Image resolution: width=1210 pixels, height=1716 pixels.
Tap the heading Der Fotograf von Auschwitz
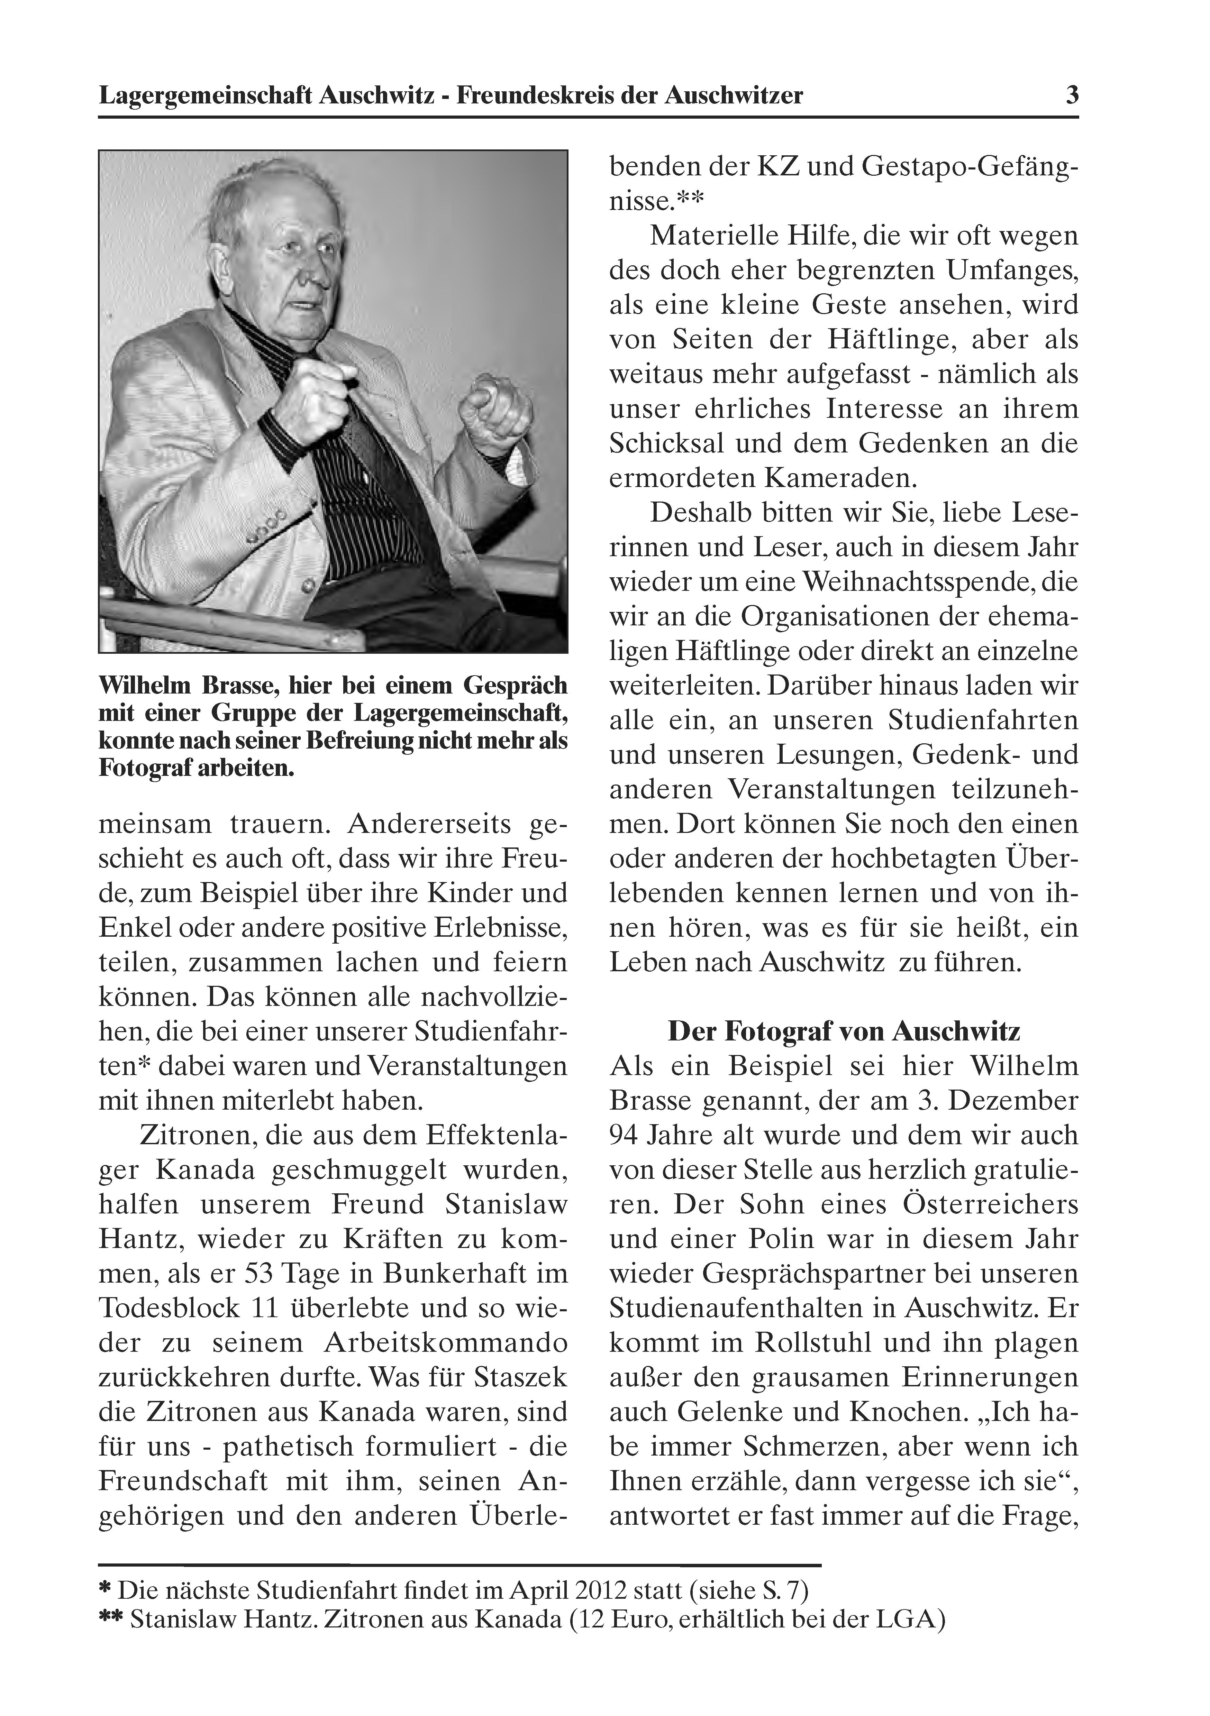click(x=844, y=1031)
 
